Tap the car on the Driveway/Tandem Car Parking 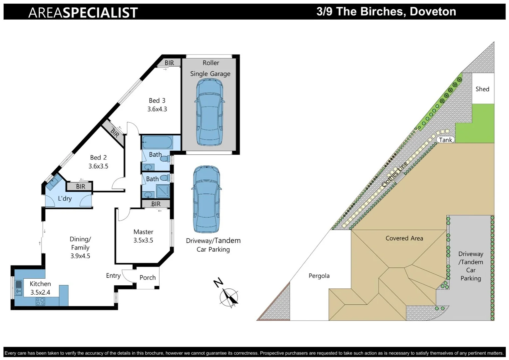[207, 199]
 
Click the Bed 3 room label [157, 101]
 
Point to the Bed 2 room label [98, 158]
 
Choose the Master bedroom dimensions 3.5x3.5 [143, 240]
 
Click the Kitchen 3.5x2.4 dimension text [40, 292]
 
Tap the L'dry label [65, 199]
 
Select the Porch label [148, 277]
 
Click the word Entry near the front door [113, 276]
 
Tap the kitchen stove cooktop [40, 302]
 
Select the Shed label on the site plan [482, 89]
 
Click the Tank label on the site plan [445, 140]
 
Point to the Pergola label [319, 276]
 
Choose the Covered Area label [404, 238]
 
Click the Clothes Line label [394, 174]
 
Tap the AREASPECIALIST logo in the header [83, 13]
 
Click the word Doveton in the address [433, 12]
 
